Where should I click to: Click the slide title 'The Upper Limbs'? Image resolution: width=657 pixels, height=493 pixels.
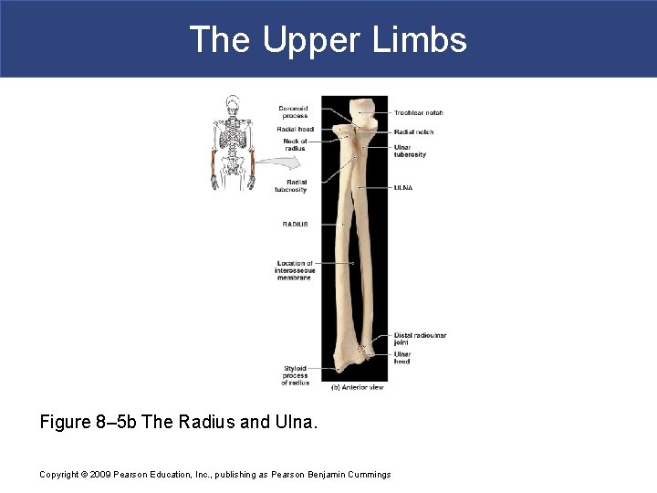point(328,39)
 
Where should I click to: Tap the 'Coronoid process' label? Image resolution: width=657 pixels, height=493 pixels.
point(293,112)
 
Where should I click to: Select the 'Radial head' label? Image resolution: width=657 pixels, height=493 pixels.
point(295,130)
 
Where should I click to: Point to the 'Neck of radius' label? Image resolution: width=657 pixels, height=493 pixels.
point(295,144)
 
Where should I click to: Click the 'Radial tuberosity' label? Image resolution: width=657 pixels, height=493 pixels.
point(290,186)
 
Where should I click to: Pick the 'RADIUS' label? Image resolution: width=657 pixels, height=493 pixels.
point(295,224)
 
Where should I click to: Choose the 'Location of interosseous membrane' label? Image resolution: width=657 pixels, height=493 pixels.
point(294,270)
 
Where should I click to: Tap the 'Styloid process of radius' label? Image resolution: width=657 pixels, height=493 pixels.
point(296,375)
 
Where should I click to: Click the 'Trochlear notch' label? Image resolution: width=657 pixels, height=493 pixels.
point(418,113)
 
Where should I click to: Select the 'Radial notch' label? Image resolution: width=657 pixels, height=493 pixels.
point(413,132)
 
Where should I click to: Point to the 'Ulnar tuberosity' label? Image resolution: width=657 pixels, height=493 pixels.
point(410,151)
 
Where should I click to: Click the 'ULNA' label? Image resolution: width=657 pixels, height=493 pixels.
point(403,188)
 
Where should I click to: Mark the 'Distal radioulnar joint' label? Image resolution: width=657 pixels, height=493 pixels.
point(420,339)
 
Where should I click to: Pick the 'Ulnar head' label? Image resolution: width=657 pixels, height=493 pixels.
point(402,358)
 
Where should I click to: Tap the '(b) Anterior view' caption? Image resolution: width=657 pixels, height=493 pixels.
point(357,386)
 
